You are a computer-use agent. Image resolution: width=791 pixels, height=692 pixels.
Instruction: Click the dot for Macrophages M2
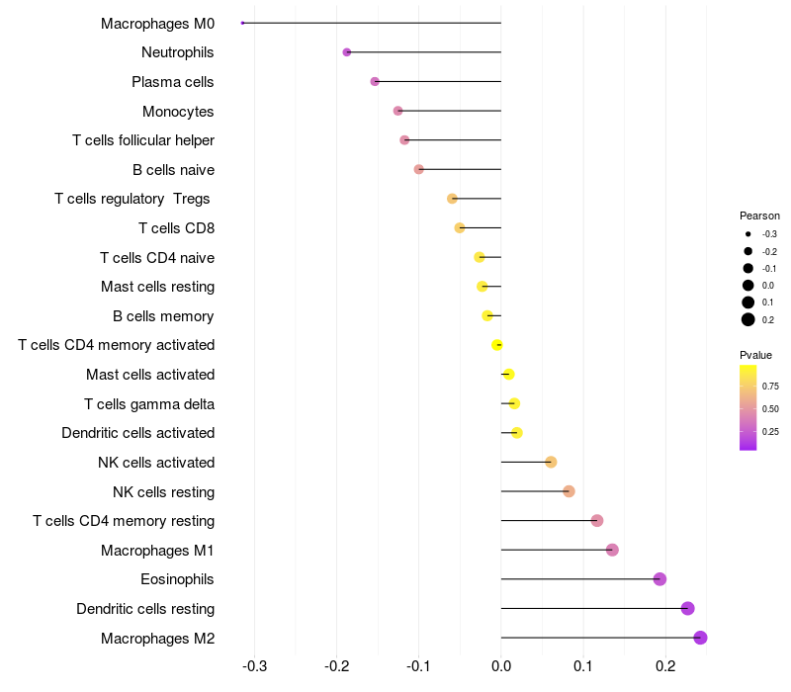(700, 638)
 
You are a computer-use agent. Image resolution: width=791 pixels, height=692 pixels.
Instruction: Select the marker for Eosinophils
(659, 579)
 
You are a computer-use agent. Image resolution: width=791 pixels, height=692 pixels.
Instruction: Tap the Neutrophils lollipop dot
(346, 52)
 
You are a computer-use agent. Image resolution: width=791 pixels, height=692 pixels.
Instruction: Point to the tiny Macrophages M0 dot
(242, 23)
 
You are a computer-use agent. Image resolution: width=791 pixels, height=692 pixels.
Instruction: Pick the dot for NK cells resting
(569, 491)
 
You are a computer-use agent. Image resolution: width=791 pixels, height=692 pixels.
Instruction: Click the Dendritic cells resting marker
(687, 609)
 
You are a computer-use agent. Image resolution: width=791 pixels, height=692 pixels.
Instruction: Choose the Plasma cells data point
(375, 81)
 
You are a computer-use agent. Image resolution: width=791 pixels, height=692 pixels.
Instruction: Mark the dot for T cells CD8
(459, 228)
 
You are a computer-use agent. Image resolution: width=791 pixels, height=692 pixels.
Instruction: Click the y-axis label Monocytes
(178, 112)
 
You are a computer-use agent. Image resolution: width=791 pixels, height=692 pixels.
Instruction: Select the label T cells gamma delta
(149, 404)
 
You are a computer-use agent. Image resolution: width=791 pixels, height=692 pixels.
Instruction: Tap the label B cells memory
(163, 316)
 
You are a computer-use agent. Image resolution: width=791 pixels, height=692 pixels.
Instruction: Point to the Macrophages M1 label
(157, 551)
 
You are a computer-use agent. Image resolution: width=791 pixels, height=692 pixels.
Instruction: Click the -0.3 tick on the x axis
(255, 665)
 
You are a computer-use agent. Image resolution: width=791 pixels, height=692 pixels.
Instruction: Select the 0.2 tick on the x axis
(665, 665)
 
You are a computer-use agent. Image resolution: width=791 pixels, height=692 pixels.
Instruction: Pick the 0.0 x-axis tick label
(501, 665)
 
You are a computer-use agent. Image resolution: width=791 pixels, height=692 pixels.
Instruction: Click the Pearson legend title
(759, 216)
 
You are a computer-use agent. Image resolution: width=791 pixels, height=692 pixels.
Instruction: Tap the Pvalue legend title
(755, 355)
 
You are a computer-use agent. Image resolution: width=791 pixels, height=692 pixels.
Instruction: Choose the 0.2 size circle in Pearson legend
(748, 319)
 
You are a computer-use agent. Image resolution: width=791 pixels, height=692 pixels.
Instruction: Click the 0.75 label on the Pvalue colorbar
(770, 387)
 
